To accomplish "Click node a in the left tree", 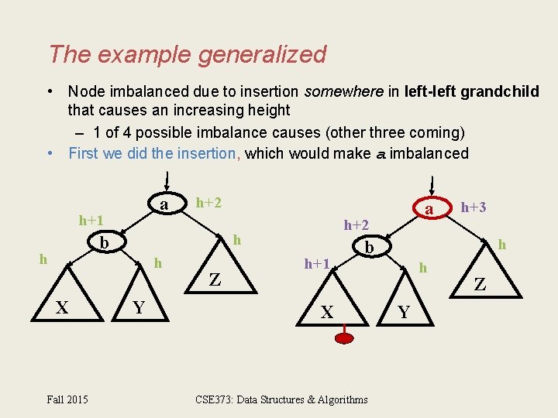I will pos(164,204).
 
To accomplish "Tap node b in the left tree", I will pos(105,243).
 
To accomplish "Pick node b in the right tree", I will pos(370,247).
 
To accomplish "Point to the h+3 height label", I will pos(474,207).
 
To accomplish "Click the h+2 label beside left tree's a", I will pos(208,202).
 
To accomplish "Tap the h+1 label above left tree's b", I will pos(91,221).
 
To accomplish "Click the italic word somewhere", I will pos(343,92).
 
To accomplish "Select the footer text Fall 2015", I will pos(67,399).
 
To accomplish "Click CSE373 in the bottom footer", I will pos(215,399).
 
